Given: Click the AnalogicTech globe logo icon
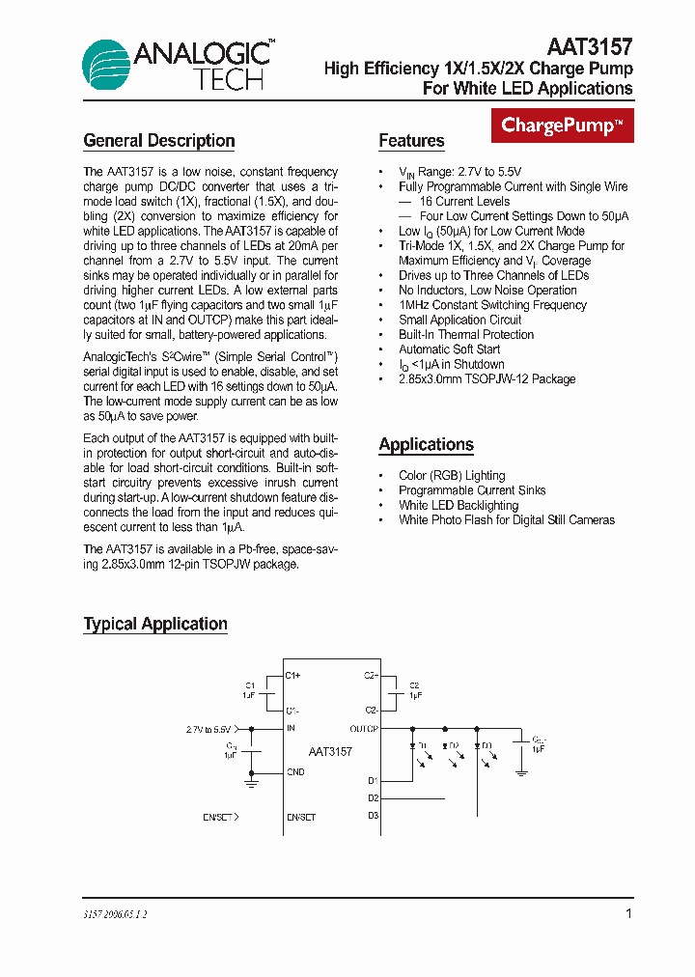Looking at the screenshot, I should pyautogui.click(x=107, y=66).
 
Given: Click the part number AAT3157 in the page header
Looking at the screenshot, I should pyautogui.click(x=590, y=47).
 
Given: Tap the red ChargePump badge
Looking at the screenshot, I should pyautogui.click(x=563, y=126).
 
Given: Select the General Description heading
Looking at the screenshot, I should pyautogui.click(x=159, y=141).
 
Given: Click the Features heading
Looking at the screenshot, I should pyautogui.click(x=411, y=141).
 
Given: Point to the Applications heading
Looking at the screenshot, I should pyautogui.click(x=426, y=445).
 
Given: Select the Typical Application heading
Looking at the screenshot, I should pyautogui.click(x=155, y=625).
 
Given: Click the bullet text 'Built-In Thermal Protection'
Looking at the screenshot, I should pyautogui.click(x=466, y=335).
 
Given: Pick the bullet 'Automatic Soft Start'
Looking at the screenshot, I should pyautogui.click(x=449, y=349).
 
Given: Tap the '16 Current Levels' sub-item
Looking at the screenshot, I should pyautogui.click(x=464, y=202).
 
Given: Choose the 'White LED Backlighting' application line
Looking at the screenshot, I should pyautogui.click(x=459, y=505).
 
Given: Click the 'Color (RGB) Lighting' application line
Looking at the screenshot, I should pyautogui.click(x=452, y=476).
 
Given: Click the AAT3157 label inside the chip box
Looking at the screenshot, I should pyautogui.click(x=330, y=751).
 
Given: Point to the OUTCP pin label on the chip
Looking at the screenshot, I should pyautogui.click(x=364, y=729).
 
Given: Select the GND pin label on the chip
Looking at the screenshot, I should pyautogui.click(x=295, y=772).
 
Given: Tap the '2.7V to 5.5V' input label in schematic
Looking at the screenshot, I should pyautogui.click(x=208, y=730).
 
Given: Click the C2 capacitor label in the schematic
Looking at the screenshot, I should pyautogui.click(x=414, y=684).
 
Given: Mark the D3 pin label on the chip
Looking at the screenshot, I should pyautogui.click(x=373, y=816).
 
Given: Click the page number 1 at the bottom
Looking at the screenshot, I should pyautogui.click(x=628, y=913).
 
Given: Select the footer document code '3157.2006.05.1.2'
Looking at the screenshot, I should pyautogui.click(x=116, y=914).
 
